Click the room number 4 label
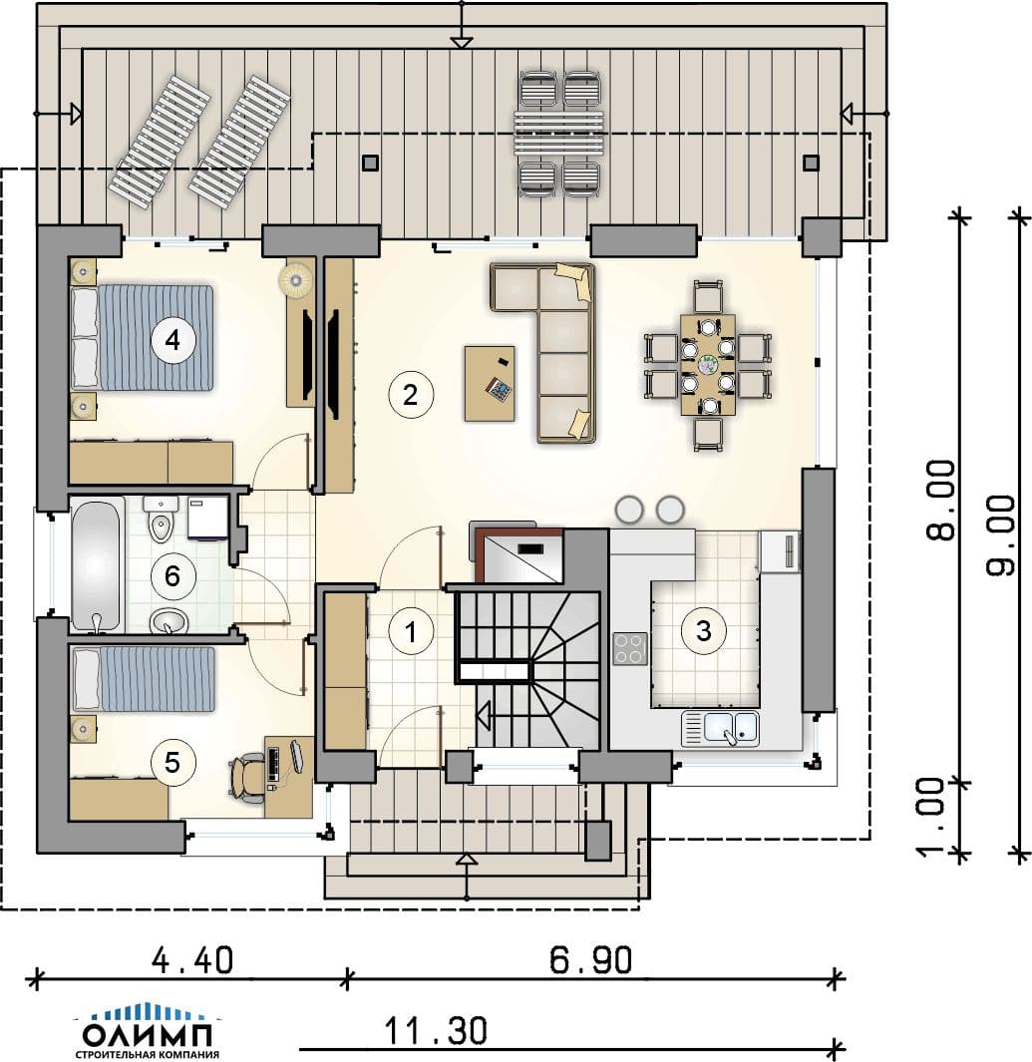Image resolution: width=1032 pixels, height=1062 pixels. click(172, 339)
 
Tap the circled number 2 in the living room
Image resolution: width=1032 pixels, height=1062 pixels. click(411, 394)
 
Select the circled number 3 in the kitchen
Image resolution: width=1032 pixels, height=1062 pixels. click(704, 630)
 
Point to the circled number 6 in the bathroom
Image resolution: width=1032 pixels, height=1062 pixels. click(172, 576)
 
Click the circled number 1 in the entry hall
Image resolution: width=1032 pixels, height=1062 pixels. click(411, 631)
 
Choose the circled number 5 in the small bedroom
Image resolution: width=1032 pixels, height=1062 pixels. click(172, 763)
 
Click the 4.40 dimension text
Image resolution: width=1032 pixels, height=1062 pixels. click(192, 959)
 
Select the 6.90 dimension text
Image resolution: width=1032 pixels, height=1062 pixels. click(591, 959)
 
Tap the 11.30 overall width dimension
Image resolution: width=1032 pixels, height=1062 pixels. click(436, 1031)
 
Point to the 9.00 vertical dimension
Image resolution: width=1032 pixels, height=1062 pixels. click(1001, 535)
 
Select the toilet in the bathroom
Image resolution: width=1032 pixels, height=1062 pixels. click(162, 519)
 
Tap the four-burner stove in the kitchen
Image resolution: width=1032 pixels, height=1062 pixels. click(630, 649)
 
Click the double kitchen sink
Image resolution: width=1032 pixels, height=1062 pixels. click(720, 728)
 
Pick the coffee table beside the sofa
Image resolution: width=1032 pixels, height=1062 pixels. click(490, 383)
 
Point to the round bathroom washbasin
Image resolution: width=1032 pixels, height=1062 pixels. click(169, 621)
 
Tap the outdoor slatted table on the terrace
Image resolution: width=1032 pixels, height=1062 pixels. click(559, 134)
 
